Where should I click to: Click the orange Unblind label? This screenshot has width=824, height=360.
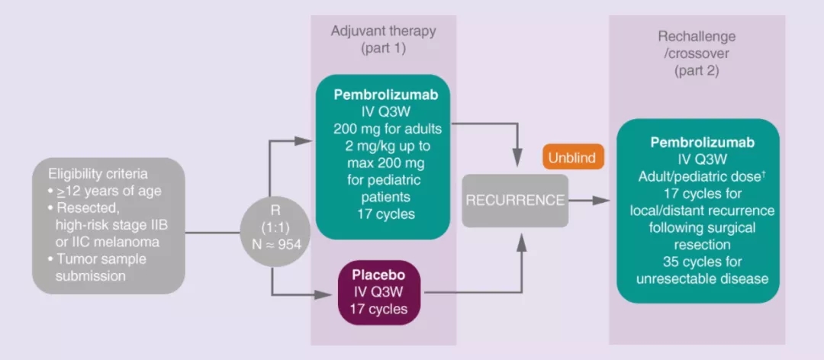(x=573, y=158)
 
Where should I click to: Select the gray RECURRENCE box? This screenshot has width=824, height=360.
(x=515, y=201)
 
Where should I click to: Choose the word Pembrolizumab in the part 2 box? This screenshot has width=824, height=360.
(x=698, y=143)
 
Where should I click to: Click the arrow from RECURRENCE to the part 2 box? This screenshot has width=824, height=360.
(x=591, y=201)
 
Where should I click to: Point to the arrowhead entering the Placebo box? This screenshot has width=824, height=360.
(x=329, y=292)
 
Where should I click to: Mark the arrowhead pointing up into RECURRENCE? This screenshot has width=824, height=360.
(x=522, y=236)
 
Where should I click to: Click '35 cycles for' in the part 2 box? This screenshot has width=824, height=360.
(x=698, y=262)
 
